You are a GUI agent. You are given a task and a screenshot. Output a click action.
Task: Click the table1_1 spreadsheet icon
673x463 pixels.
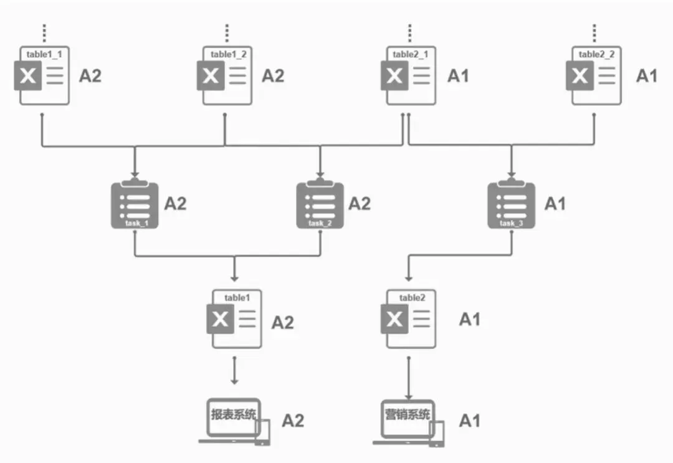pos(41,75)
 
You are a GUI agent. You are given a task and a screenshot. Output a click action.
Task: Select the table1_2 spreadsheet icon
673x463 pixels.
pos(224,75)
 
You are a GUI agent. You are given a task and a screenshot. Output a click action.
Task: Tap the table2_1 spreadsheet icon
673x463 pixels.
pos(408,75)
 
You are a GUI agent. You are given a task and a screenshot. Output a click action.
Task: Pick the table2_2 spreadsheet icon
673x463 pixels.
pos(593,75)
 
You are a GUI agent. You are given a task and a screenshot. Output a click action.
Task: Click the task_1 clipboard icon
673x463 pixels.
pos(134,204)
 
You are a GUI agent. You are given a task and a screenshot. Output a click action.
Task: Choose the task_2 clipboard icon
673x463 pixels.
pos(320,204)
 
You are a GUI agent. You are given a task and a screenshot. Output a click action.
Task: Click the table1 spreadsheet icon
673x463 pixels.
pos(235,319)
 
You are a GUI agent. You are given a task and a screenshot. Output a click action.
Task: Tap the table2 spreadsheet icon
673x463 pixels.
pos(408,319)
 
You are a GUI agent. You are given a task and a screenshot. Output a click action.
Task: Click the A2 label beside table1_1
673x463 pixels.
pos(90,76)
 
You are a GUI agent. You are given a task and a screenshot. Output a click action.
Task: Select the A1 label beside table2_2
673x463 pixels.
pos(646,76)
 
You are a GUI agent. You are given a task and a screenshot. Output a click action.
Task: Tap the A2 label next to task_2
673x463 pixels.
pos(359,204)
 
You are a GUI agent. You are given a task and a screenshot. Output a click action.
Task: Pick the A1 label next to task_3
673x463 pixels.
pos(555,204)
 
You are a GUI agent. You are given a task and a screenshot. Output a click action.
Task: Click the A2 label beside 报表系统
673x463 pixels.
pos(293,421)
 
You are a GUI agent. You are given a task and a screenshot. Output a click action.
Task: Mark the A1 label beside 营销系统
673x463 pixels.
pos(470,421)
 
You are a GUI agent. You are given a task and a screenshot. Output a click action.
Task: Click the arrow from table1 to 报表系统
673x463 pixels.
pos(235,370)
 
